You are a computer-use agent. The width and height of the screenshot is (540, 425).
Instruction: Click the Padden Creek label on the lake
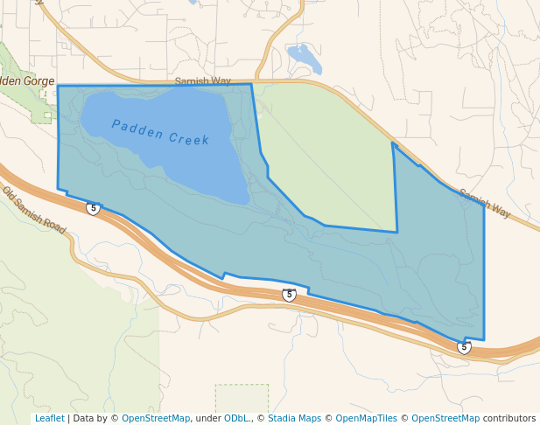coord(160,131)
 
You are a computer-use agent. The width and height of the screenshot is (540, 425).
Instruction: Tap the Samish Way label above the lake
coord(202,81)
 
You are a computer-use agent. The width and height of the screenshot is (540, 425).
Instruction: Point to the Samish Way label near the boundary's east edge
coord(484,205)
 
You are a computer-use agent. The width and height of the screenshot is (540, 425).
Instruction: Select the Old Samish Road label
coord(33,211)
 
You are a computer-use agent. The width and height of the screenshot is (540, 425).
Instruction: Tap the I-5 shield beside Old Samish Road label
coord(93,208)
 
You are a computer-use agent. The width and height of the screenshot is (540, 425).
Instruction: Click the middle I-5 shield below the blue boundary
coord(289,295)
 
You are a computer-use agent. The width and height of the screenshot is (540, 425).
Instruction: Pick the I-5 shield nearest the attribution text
coord(464,347)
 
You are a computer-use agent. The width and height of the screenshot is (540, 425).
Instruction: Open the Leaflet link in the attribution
coord(49,419)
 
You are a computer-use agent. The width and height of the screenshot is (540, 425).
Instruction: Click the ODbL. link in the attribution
coord(236,419)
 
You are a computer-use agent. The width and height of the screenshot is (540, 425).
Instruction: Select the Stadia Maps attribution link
coord(294,419)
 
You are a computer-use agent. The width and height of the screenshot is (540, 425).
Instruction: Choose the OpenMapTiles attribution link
coord(366,419)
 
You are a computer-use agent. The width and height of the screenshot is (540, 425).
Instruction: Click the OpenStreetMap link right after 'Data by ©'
coord(156,419)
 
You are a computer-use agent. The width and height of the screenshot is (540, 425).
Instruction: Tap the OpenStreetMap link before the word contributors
coord(445,419)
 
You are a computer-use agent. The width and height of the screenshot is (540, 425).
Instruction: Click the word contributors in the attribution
coord(509,419)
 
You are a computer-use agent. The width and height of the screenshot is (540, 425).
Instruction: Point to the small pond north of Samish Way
coord(305,58)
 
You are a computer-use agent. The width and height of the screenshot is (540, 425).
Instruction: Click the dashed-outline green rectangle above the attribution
coord(242,397)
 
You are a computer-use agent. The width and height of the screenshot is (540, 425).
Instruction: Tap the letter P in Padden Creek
coord(116,124)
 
